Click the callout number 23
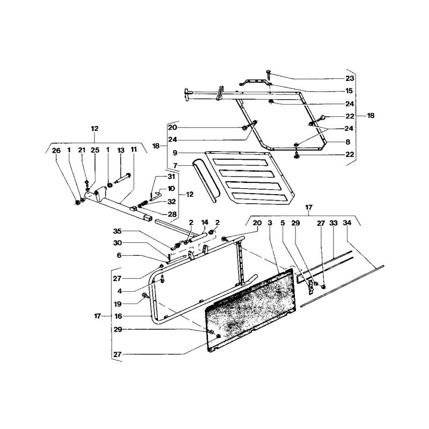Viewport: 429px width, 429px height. [350, 78]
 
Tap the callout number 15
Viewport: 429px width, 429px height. [350, 91]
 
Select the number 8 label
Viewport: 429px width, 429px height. [347, 142]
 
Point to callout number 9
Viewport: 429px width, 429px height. [175, 153]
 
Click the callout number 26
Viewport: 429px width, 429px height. [56, 150]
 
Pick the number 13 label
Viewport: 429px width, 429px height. [121, 150]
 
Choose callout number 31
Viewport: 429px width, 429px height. [171, 177]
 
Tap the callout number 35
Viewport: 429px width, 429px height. [117, 232]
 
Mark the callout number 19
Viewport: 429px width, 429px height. [117, 304]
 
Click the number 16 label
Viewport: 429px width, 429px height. [118, 316]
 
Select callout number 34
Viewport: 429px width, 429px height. [347, 223]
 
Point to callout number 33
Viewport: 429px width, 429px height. [334, 223]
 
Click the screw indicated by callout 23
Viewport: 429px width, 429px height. [268, 74]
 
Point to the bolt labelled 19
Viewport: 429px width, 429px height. [144, 295]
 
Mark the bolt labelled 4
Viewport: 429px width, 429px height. [162, 279]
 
